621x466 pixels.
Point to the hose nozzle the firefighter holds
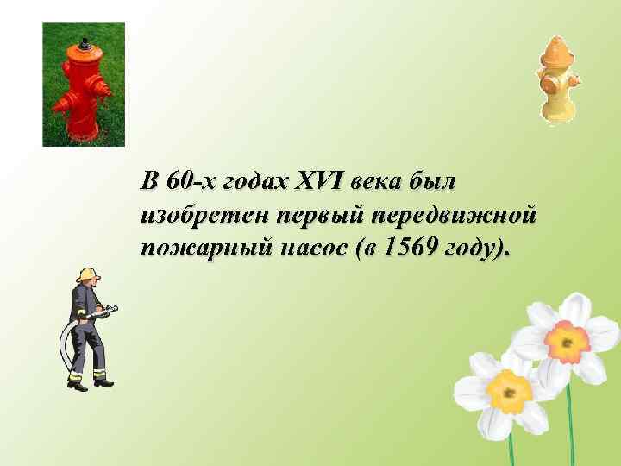click(x=113, y=308)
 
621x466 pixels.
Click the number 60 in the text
click(x=180, y=182)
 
